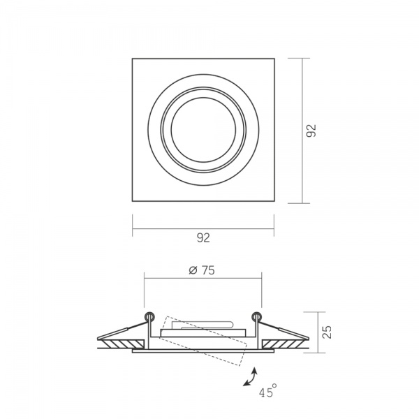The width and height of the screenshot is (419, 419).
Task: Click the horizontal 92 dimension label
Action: [203, 237]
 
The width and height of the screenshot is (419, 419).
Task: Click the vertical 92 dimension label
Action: [311, 131]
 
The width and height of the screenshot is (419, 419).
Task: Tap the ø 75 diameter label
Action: [202, 270]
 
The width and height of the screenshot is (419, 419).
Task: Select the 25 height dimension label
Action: [327, 332]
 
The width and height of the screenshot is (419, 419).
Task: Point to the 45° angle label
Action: [267, 391]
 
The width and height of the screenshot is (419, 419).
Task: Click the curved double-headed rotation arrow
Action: [250, 377]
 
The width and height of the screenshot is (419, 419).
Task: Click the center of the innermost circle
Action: [203, 130]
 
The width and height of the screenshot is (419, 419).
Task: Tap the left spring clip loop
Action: [149, 316]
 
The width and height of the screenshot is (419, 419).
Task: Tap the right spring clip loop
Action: [257, 316]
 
